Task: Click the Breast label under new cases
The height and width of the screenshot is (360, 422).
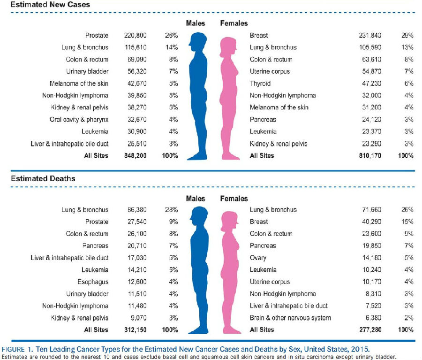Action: [259, 35]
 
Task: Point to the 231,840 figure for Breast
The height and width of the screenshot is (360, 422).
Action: [369, 35]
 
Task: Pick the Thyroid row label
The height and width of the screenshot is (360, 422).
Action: [260, 84]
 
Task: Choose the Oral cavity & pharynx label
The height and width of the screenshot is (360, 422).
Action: [79, 119]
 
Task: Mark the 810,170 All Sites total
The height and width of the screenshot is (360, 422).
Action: [369, 155]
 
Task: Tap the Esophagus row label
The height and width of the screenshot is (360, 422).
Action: [93, 282]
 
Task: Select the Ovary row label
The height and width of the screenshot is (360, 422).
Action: [258, 258]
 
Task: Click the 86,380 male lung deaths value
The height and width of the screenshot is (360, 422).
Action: [136, 210]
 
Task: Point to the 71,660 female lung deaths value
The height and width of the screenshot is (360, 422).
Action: [369, 210]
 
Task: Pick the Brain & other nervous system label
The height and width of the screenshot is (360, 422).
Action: [290, 318]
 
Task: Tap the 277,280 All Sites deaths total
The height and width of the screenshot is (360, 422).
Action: [369, 330]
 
